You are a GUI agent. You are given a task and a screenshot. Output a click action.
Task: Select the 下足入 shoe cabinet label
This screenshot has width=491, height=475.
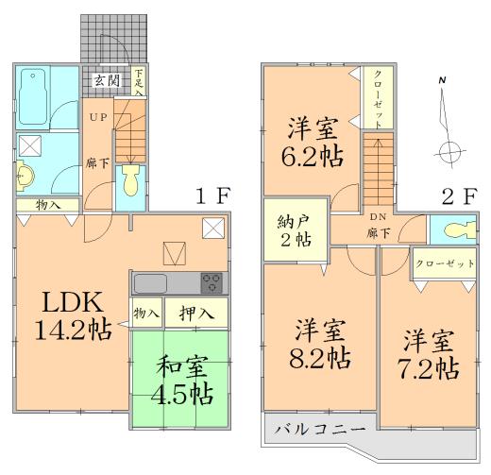pyautogui.click(x=139, y=82)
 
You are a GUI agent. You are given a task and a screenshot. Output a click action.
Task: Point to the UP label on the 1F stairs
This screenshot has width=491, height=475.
pyautogui.click(x=99, y=117)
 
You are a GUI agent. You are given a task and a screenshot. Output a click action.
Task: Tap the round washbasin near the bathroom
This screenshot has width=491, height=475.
pyautogui.click(x=25, y=175)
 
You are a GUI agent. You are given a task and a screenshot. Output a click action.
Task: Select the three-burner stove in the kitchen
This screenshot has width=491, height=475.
pyautogui.click(x=211, y=281)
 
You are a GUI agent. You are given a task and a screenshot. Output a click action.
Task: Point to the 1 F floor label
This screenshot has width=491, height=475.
pyautogui.click(x=212, y=198)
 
